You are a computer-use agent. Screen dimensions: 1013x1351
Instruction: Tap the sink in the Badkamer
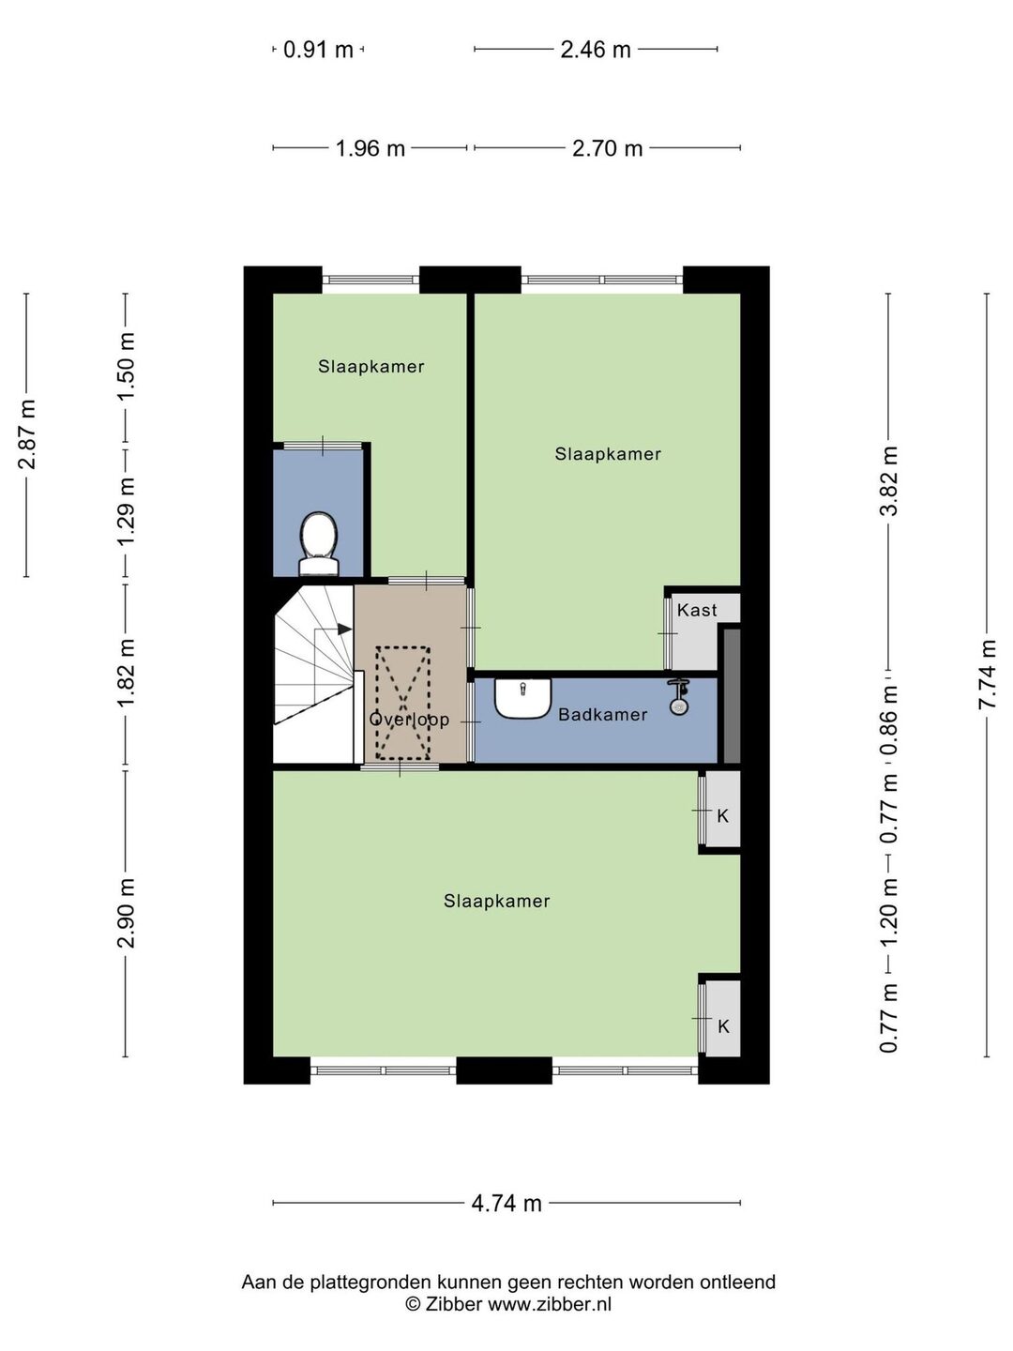522,698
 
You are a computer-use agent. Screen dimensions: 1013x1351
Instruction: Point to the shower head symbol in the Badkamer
678,697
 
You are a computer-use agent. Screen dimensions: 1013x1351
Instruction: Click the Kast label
697,610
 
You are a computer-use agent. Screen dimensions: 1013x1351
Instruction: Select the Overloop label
409,719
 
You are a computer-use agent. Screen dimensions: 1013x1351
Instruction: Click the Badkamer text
603,715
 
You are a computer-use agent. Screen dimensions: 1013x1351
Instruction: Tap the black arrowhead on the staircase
344,629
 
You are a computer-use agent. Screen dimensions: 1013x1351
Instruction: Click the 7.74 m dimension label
987,675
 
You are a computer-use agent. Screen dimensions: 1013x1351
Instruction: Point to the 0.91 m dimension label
318,49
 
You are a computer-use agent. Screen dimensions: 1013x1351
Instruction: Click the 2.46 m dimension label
596,49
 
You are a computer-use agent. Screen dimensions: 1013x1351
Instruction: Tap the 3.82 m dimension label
889,480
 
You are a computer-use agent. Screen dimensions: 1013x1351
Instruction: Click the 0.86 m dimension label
889,720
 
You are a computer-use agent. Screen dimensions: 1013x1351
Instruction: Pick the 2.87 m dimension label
27,434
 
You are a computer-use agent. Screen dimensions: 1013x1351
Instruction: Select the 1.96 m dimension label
370,148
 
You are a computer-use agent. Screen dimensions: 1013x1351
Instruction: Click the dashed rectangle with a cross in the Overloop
403,703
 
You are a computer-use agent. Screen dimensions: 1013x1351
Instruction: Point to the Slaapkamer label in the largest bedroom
497,901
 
